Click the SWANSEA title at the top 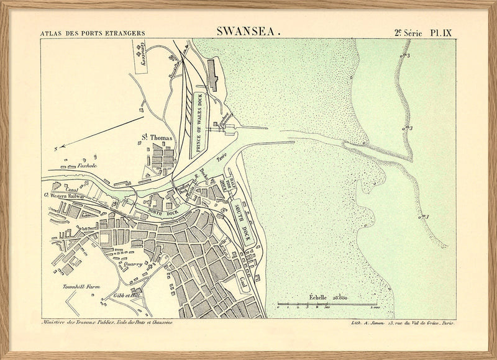click(248, 30)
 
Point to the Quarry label click(134, 264)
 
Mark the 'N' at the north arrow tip click(55, 148)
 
